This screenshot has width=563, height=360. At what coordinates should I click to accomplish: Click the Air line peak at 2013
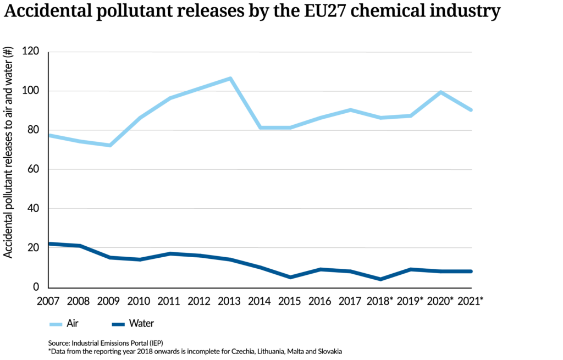tap(230, 79)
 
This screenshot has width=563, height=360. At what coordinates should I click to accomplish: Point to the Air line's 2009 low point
tap(110, 145)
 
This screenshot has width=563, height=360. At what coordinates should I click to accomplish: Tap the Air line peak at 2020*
tap(441, 92)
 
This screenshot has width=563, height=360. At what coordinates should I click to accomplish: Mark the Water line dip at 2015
tap(290, 277)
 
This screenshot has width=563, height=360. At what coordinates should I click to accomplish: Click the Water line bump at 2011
tap(170, 253)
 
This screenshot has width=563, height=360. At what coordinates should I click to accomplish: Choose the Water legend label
tap(141, 323)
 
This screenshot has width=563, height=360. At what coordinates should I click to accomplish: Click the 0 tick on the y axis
tap(36, 287)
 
